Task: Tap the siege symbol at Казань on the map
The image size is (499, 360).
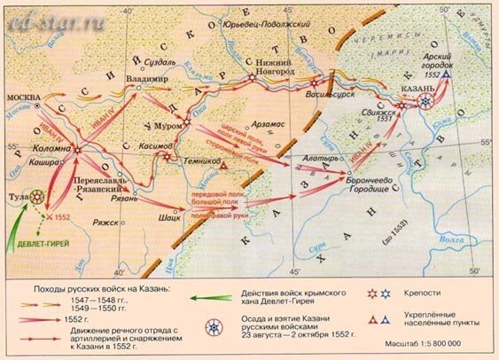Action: (427, 101)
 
